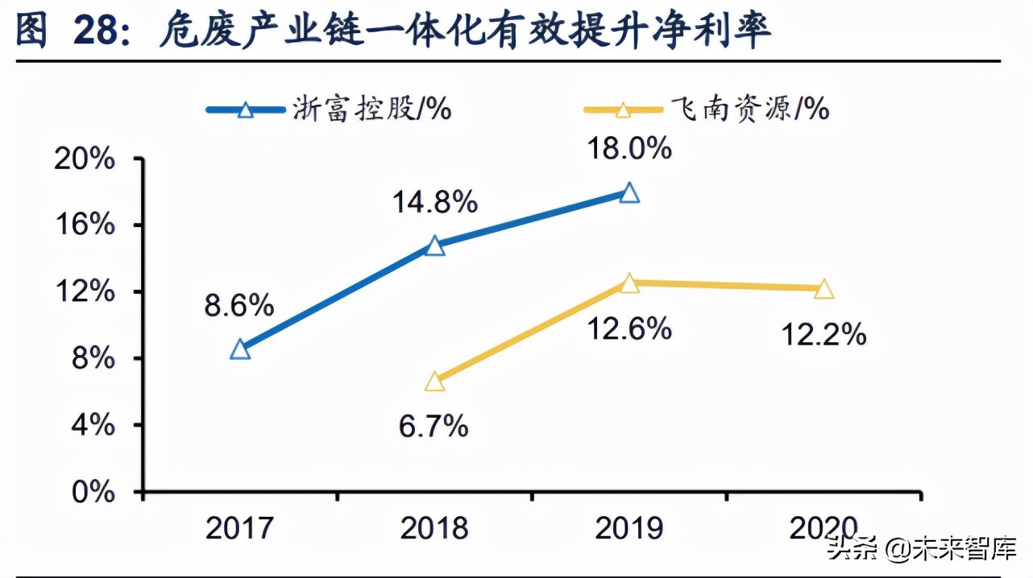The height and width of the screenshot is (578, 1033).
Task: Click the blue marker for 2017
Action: point(240,349)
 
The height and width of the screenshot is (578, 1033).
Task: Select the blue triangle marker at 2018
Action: point(434,246)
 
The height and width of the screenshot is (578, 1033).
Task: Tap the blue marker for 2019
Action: point(629,193)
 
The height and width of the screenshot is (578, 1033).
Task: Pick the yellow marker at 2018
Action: point(434,382)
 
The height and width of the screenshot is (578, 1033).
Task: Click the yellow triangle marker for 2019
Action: point(629,283)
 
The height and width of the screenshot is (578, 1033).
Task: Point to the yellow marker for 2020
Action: point(823,289)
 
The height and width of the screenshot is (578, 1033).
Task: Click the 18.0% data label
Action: point(629,149)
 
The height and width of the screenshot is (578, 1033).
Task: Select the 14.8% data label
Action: point(435,203)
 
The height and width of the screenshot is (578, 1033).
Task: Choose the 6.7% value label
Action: point(434,426)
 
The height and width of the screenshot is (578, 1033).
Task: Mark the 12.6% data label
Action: point(629,328)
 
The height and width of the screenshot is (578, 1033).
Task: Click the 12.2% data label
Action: point(823,333)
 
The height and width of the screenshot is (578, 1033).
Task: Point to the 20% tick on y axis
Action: point(89,159)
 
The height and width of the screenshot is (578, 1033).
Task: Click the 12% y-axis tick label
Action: point(89,291)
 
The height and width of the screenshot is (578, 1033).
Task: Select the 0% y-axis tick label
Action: point(95,491)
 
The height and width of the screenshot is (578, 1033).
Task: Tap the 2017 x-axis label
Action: point(240,529)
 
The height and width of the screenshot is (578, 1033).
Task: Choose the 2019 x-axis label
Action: point(629,529)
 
